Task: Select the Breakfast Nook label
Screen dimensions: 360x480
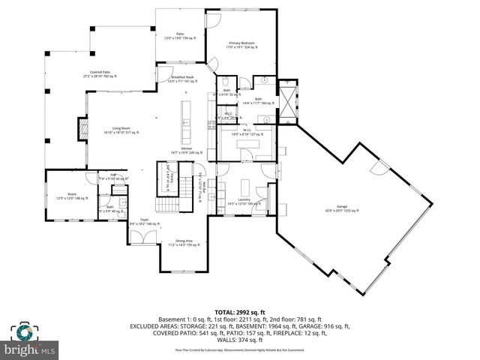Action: coord(183,79)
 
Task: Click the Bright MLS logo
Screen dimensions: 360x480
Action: coord(30,342)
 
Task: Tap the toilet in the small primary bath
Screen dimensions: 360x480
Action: coord(226,81)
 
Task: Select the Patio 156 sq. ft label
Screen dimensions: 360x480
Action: coord(180,36)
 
